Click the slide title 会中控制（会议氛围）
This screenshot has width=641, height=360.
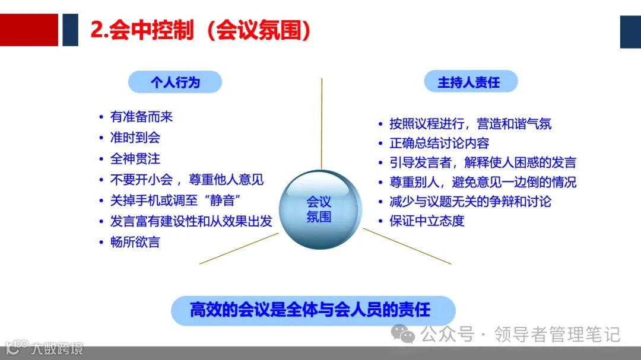tap(201, 30)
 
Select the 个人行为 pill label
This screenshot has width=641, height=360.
tap(175, 82)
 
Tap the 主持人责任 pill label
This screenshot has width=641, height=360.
tap(469, 82)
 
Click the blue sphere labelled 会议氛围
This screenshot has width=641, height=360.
tap(320, 209)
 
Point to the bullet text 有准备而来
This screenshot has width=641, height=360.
tap(141, 117)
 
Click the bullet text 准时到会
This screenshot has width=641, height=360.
tap(135, 138)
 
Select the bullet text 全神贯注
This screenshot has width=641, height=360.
tap(135, 159)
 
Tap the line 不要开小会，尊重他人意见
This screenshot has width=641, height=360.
tap(187, 179)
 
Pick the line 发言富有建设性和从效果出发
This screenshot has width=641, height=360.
tap(191, 221)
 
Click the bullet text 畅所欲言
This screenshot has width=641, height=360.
tap(135, 242)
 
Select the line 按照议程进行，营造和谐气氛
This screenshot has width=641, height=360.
tap(470, 123)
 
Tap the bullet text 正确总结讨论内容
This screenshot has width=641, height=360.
tap(439, 143)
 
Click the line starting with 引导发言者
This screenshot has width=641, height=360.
tap(483, 163)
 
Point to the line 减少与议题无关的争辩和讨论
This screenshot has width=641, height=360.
tap(470, 201)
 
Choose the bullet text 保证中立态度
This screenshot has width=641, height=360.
tap(427, 221)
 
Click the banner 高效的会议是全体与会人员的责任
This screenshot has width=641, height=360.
tap(310, 310)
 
